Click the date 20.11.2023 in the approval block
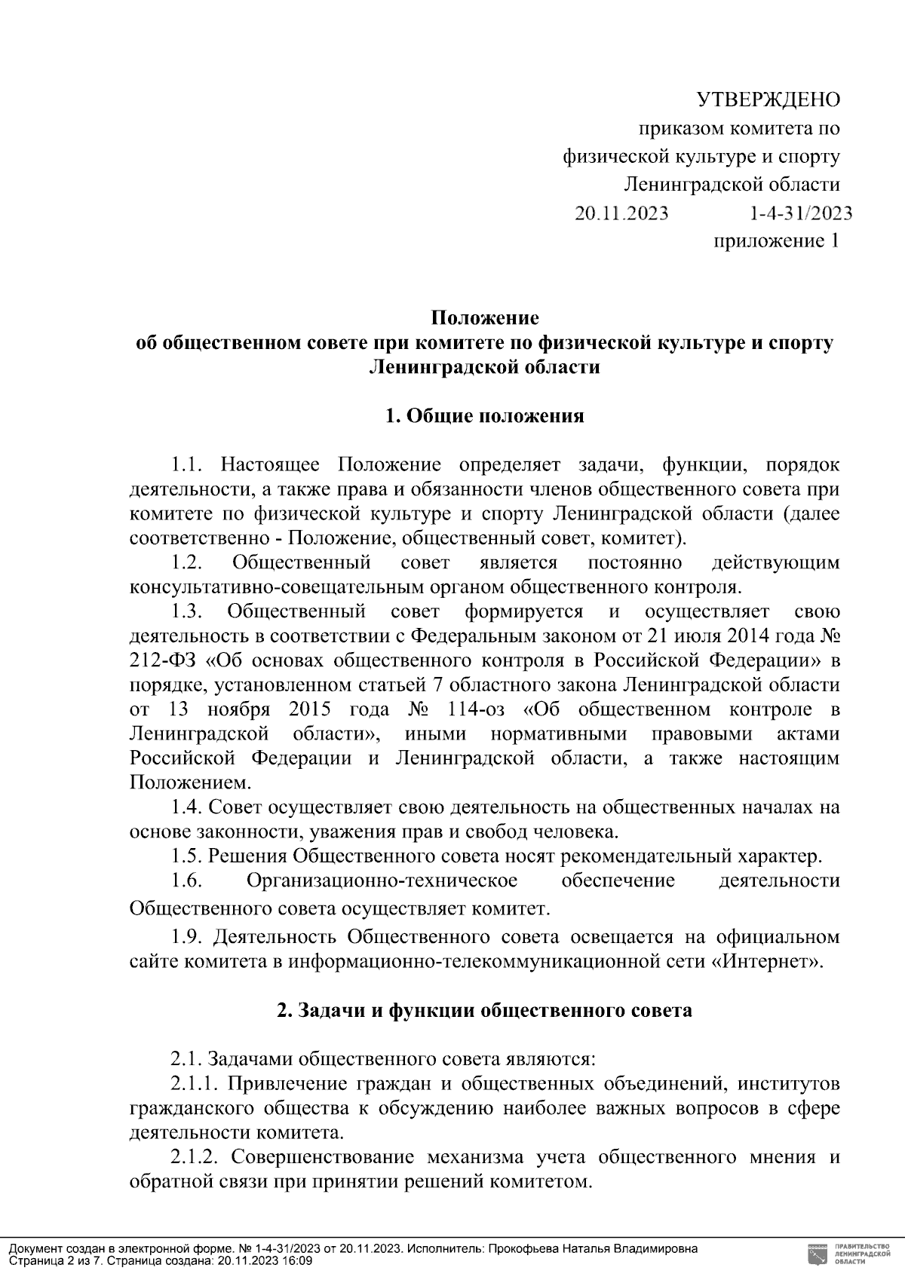point(621,213)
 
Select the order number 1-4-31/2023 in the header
point(801,213)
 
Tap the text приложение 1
point(776,241)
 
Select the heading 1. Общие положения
point(484,416)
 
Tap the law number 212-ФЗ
point(162,661)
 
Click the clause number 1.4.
point(186,808)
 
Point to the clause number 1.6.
point(186,880)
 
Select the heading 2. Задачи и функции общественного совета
point(484,1011)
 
